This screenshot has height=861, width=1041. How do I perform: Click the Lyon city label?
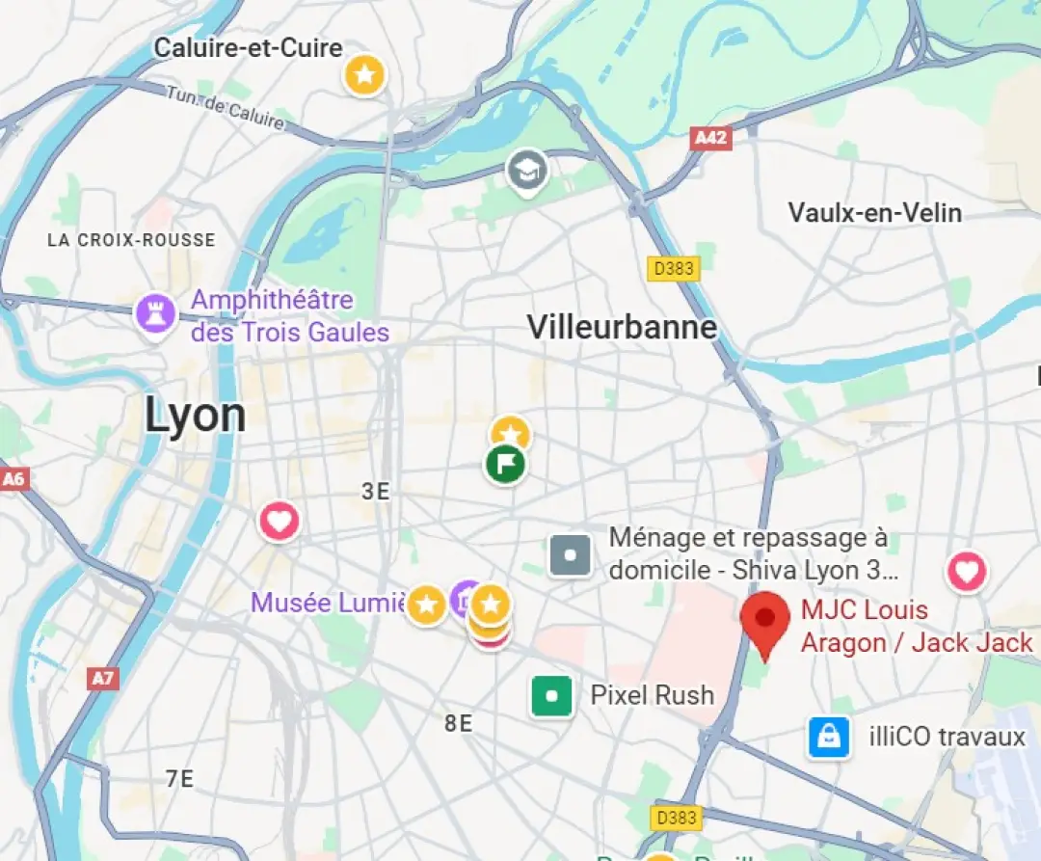[x=196, y=416]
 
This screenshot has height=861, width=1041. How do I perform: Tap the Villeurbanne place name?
[x=622, y=327]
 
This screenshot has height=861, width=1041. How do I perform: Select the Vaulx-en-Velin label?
[x=874, y=212]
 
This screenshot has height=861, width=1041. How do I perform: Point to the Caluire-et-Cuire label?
[x=249, y=47]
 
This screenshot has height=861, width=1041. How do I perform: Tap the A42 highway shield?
[x=711, y=138]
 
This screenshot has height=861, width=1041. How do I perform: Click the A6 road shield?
[x=13, y=479]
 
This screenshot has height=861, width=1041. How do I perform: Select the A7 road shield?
[x=102, y=679]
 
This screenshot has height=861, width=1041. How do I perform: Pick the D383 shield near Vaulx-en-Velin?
[x=674, y=269]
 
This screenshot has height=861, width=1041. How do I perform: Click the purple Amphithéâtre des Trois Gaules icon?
[x=156, y=313]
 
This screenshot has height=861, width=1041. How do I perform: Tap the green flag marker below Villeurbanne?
[x=505, y=465]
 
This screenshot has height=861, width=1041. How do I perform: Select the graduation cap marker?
[x=527, y=172]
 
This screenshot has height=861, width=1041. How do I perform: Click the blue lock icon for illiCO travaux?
[x=829, y=738]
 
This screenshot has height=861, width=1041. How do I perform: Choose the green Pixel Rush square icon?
[x=552, y=695]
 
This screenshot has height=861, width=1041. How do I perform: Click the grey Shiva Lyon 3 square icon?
[x=570, y=555]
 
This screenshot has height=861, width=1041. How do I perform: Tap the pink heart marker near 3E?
[x=279, y=522]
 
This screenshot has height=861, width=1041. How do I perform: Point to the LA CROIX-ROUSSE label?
[x=131, y=240]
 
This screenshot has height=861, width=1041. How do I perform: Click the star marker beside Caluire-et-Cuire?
[x=365, y=73]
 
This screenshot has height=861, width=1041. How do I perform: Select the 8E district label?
[x=459, y=723]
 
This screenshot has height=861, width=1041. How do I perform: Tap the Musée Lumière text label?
[x=328, y=604]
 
